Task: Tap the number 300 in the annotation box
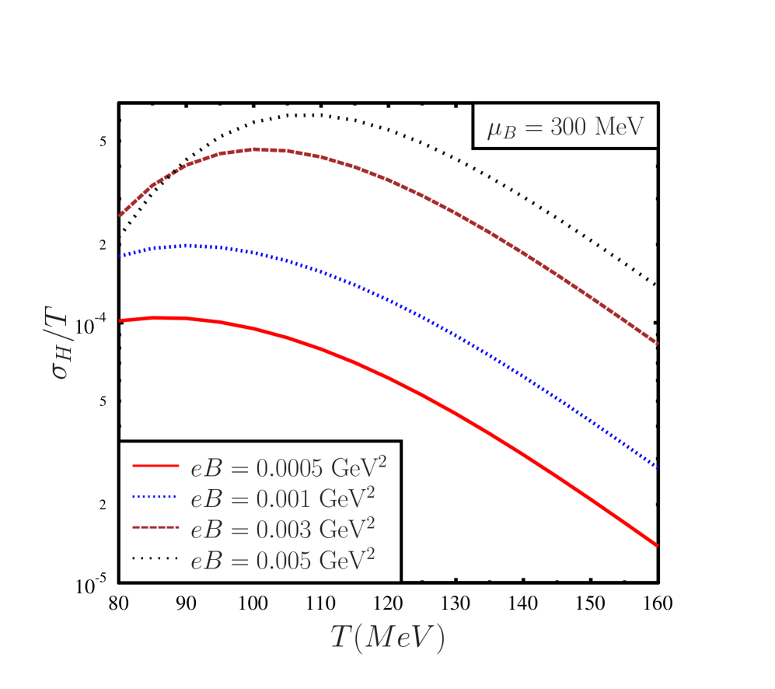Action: (x=568, y=127)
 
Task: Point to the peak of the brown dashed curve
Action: (x=260, y=149)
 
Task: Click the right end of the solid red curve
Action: (x=658, y=545)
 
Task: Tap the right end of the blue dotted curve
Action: (x=658, y=467)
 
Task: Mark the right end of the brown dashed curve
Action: (x=658, y=343)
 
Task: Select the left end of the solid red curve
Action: (x=120, y=320)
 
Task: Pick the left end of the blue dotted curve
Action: (x=120, y=255)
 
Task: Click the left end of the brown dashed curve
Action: (x=120, y=215)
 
